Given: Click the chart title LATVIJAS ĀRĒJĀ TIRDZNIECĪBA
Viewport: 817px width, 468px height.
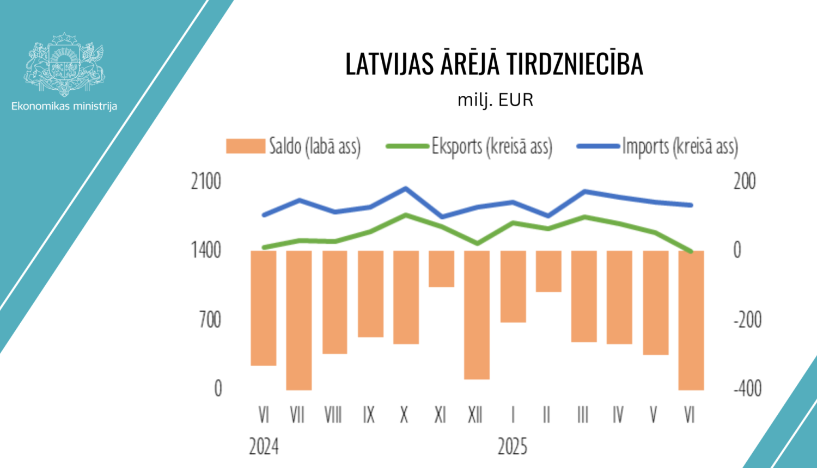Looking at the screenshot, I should (494, 64).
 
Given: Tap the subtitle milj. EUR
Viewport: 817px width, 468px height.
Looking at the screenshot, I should (495, 100).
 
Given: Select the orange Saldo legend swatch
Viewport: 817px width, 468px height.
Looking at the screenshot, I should (245, 146).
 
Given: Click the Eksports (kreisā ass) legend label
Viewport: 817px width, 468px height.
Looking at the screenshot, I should (492, 146).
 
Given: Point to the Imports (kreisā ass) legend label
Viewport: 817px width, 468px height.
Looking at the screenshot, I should (680, 146).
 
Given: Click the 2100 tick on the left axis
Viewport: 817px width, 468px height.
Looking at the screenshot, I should (206, 181).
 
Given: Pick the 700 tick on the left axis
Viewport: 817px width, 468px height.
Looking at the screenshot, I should (210, 319).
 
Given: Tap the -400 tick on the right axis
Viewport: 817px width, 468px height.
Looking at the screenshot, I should (747, 389).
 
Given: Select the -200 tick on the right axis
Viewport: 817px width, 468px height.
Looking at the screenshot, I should (747, 319).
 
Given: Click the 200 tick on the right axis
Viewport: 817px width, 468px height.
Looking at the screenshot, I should (745, 181).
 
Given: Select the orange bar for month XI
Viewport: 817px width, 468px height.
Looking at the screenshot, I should (441, 268).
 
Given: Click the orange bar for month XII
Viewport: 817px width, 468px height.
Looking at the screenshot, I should (477, 315).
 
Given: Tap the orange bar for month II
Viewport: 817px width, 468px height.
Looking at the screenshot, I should (548, 271).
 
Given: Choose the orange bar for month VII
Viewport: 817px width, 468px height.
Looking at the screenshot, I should (298, 320).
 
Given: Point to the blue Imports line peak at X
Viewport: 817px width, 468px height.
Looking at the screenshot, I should (405, 188).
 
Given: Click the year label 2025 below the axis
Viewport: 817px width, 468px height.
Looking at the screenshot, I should (512, 447).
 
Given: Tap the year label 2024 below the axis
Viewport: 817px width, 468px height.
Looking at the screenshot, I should (264, 447).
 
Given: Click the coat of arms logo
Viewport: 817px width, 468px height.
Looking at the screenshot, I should (64, 64).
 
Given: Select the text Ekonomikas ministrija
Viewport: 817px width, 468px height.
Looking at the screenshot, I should (64, 106).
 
